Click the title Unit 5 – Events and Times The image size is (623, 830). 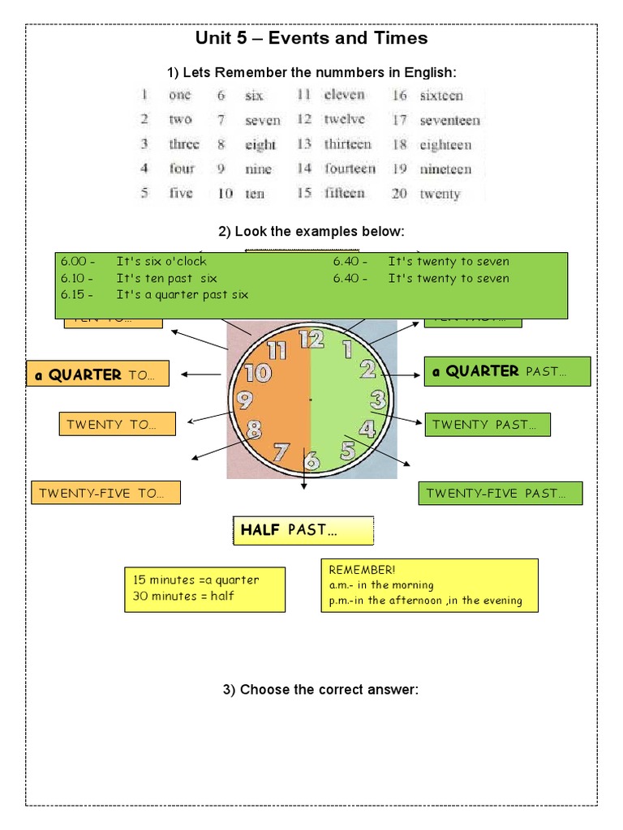tap(311, 38)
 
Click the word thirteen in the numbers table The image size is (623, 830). tap(347, 144)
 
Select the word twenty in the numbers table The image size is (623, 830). tap(440, 195)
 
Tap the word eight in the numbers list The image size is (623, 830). tap(260, 145)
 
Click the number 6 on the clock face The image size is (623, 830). tap(311, 462)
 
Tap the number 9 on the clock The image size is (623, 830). tap(244, 400)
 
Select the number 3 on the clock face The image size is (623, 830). tap(378, 400)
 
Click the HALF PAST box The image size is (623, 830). tap(303, 530)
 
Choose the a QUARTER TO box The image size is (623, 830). tap(98, 374)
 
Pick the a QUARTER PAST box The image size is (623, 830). tap(507, 371)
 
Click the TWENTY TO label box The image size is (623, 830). tap(117, 424)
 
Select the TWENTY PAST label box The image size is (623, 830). tap(488, 424)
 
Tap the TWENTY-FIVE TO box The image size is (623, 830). tap(105, 493)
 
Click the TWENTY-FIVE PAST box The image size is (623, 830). tap(500, 493)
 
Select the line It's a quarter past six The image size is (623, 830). tap(183, 294)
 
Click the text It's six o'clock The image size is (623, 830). tap(161, 261)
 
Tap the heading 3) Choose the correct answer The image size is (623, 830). tap(320, 690)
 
